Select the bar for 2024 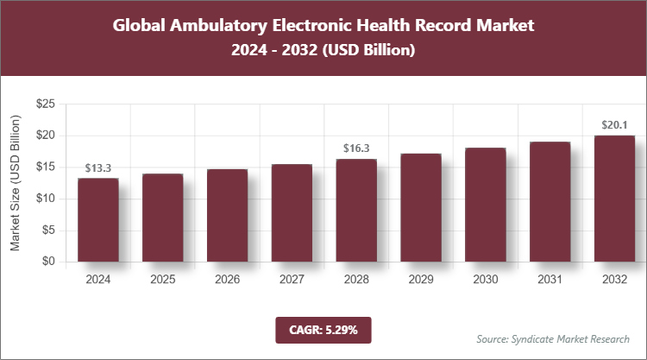97,220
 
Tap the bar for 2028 355,211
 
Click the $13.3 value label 97,167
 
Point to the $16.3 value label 355,148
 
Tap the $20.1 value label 614,124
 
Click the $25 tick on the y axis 45,104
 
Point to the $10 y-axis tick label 45,199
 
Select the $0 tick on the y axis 48,262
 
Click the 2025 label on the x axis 162,280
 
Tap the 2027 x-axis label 292,280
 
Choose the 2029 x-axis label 420,280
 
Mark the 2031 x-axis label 550,280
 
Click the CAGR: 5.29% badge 323,330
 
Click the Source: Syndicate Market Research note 552,338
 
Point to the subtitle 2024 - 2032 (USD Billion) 323,51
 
